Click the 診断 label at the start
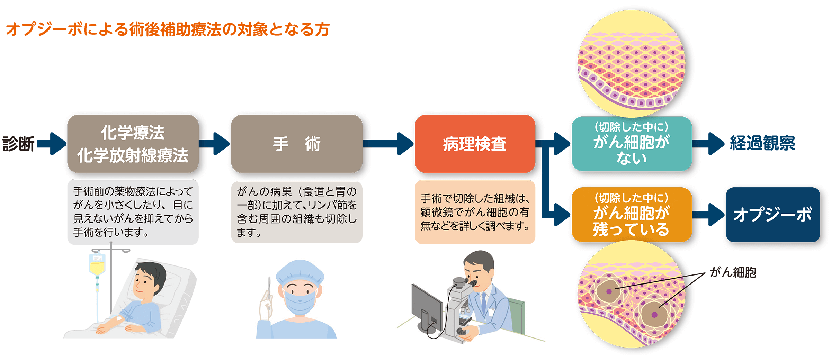point(18,144)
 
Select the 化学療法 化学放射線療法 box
point(133,144)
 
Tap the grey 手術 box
point(297,144)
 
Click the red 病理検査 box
point(475,144)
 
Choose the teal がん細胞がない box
point(632,144)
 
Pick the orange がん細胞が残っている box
point(632,215)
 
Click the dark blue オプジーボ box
point(772,215)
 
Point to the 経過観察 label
point(762,143)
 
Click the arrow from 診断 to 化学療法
point(52,144)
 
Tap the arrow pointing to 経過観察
point(708,144)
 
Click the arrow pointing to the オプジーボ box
point(708,215)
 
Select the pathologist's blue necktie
point(484,303)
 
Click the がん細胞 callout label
point(733,273)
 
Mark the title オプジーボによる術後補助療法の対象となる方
point(168,29)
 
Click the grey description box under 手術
point(297,212)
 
